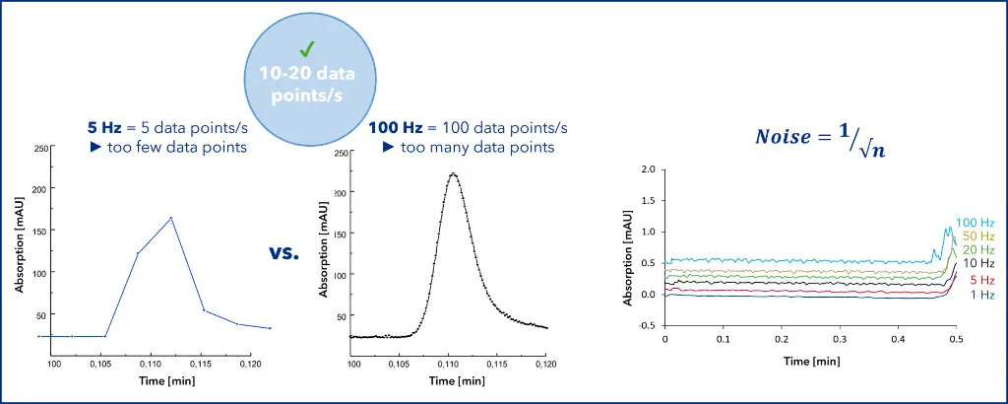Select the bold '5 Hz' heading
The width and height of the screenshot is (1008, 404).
tap(104, 128)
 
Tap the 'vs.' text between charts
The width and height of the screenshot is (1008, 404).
tap(283, 253)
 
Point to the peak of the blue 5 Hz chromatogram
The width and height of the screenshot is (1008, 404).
tap(171, 218)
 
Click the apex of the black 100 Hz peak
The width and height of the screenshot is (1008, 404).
tap(453, 173)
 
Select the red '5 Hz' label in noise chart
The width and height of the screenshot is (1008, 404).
tap(980, 280)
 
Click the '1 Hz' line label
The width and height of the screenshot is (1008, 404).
tap(980, 295)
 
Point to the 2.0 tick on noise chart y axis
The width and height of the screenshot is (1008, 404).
tap(647, 169)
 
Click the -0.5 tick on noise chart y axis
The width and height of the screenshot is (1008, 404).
tap(645, 325)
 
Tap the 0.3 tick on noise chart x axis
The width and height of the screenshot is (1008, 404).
tap(838, 339)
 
